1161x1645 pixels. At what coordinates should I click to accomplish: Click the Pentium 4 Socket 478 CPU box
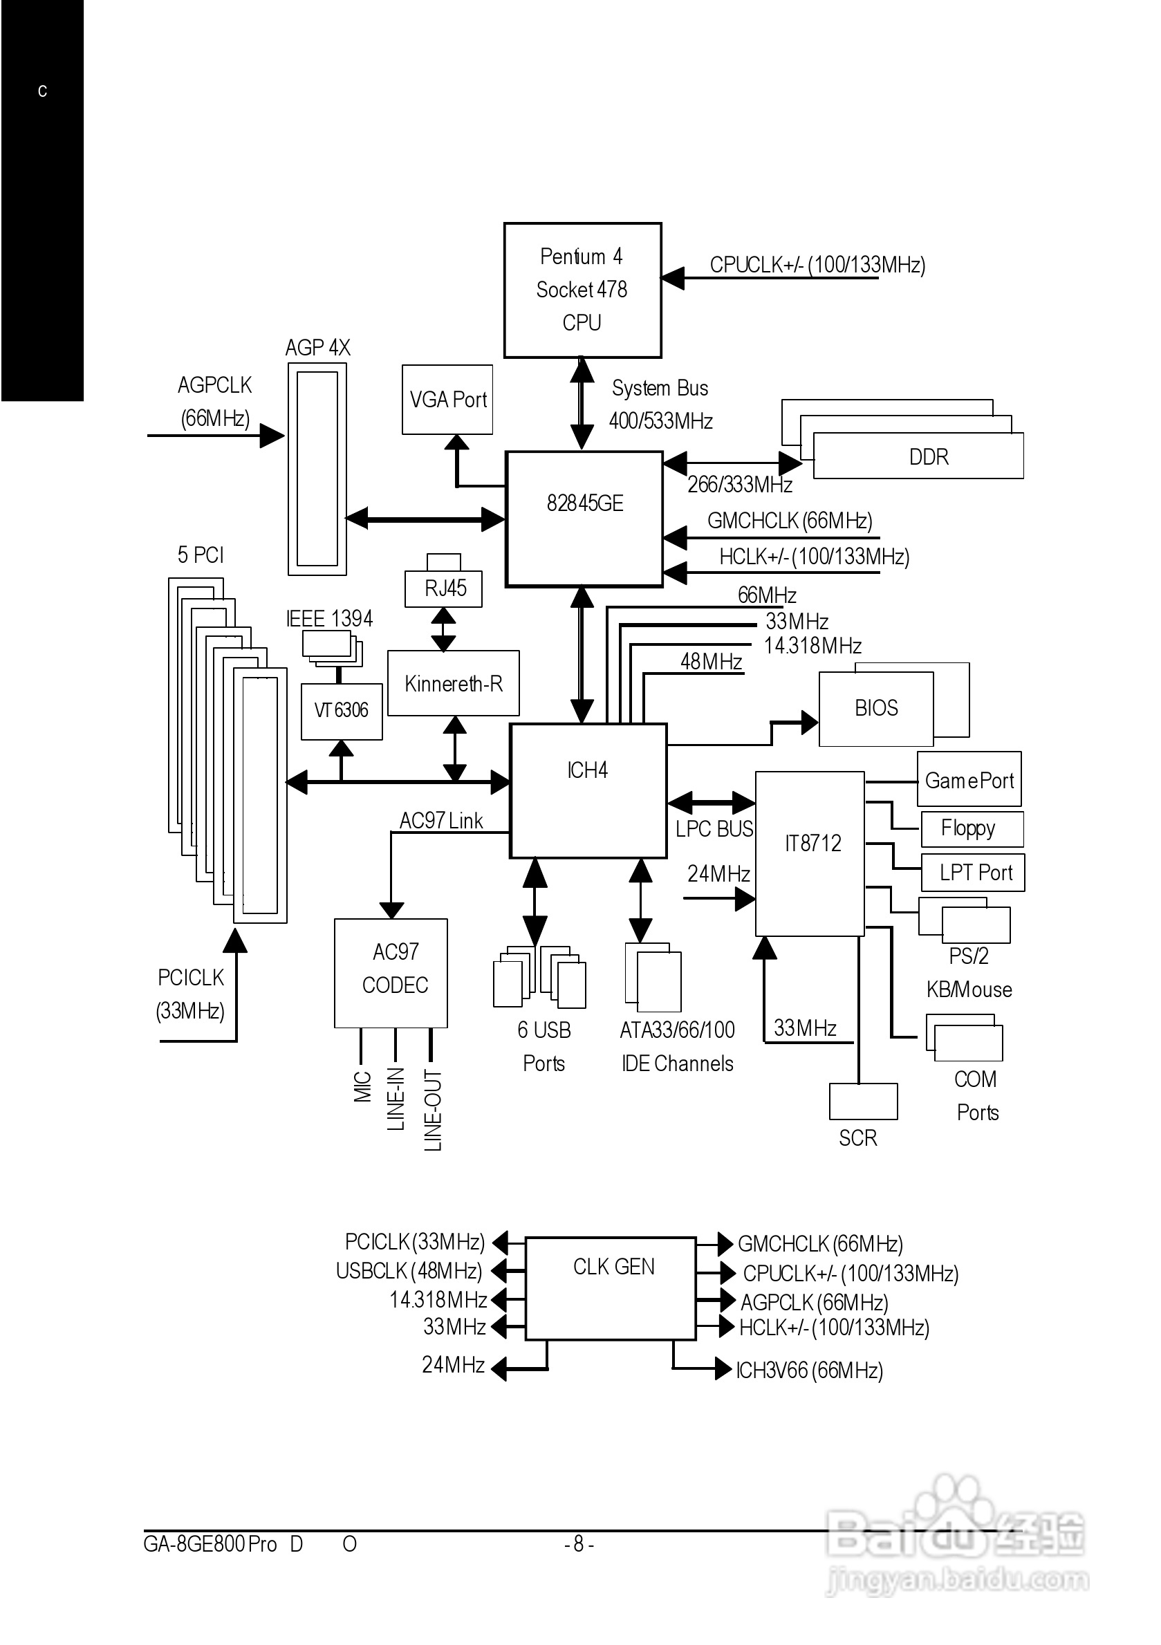click(582, 290)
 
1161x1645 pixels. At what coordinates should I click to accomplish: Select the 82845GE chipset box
click(584, 518)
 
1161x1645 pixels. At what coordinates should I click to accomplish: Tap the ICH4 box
click(588, 790)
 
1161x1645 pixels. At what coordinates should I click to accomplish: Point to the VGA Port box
click(447, 400)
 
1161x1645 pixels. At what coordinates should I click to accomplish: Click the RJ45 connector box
click(444, 588)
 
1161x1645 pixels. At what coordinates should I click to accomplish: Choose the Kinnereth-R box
click(453, 683)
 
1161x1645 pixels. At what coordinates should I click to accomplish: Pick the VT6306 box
click(341, 711)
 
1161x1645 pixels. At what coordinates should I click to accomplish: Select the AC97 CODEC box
click(391, 972)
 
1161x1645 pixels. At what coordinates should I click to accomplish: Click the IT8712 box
click(810, 853)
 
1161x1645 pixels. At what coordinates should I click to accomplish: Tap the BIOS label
click(876, 709)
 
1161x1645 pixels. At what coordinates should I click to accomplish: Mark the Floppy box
click(971, 829)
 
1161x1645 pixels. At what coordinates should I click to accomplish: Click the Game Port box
click(969, 779)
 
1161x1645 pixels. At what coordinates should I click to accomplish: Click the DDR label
click(928, 457)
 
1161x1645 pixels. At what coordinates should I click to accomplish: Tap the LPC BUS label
click(714, 829)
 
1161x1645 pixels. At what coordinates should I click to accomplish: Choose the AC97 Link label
click(440, 821)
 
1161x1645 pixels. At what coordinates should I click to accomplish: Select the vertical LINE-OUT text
click(433, 1110)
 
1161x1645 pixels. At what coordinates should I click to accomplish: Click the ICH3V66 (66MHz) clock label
click(809, 1370)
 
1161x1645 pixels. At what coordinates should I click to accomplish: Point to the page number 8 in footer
click(578, 1544)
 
